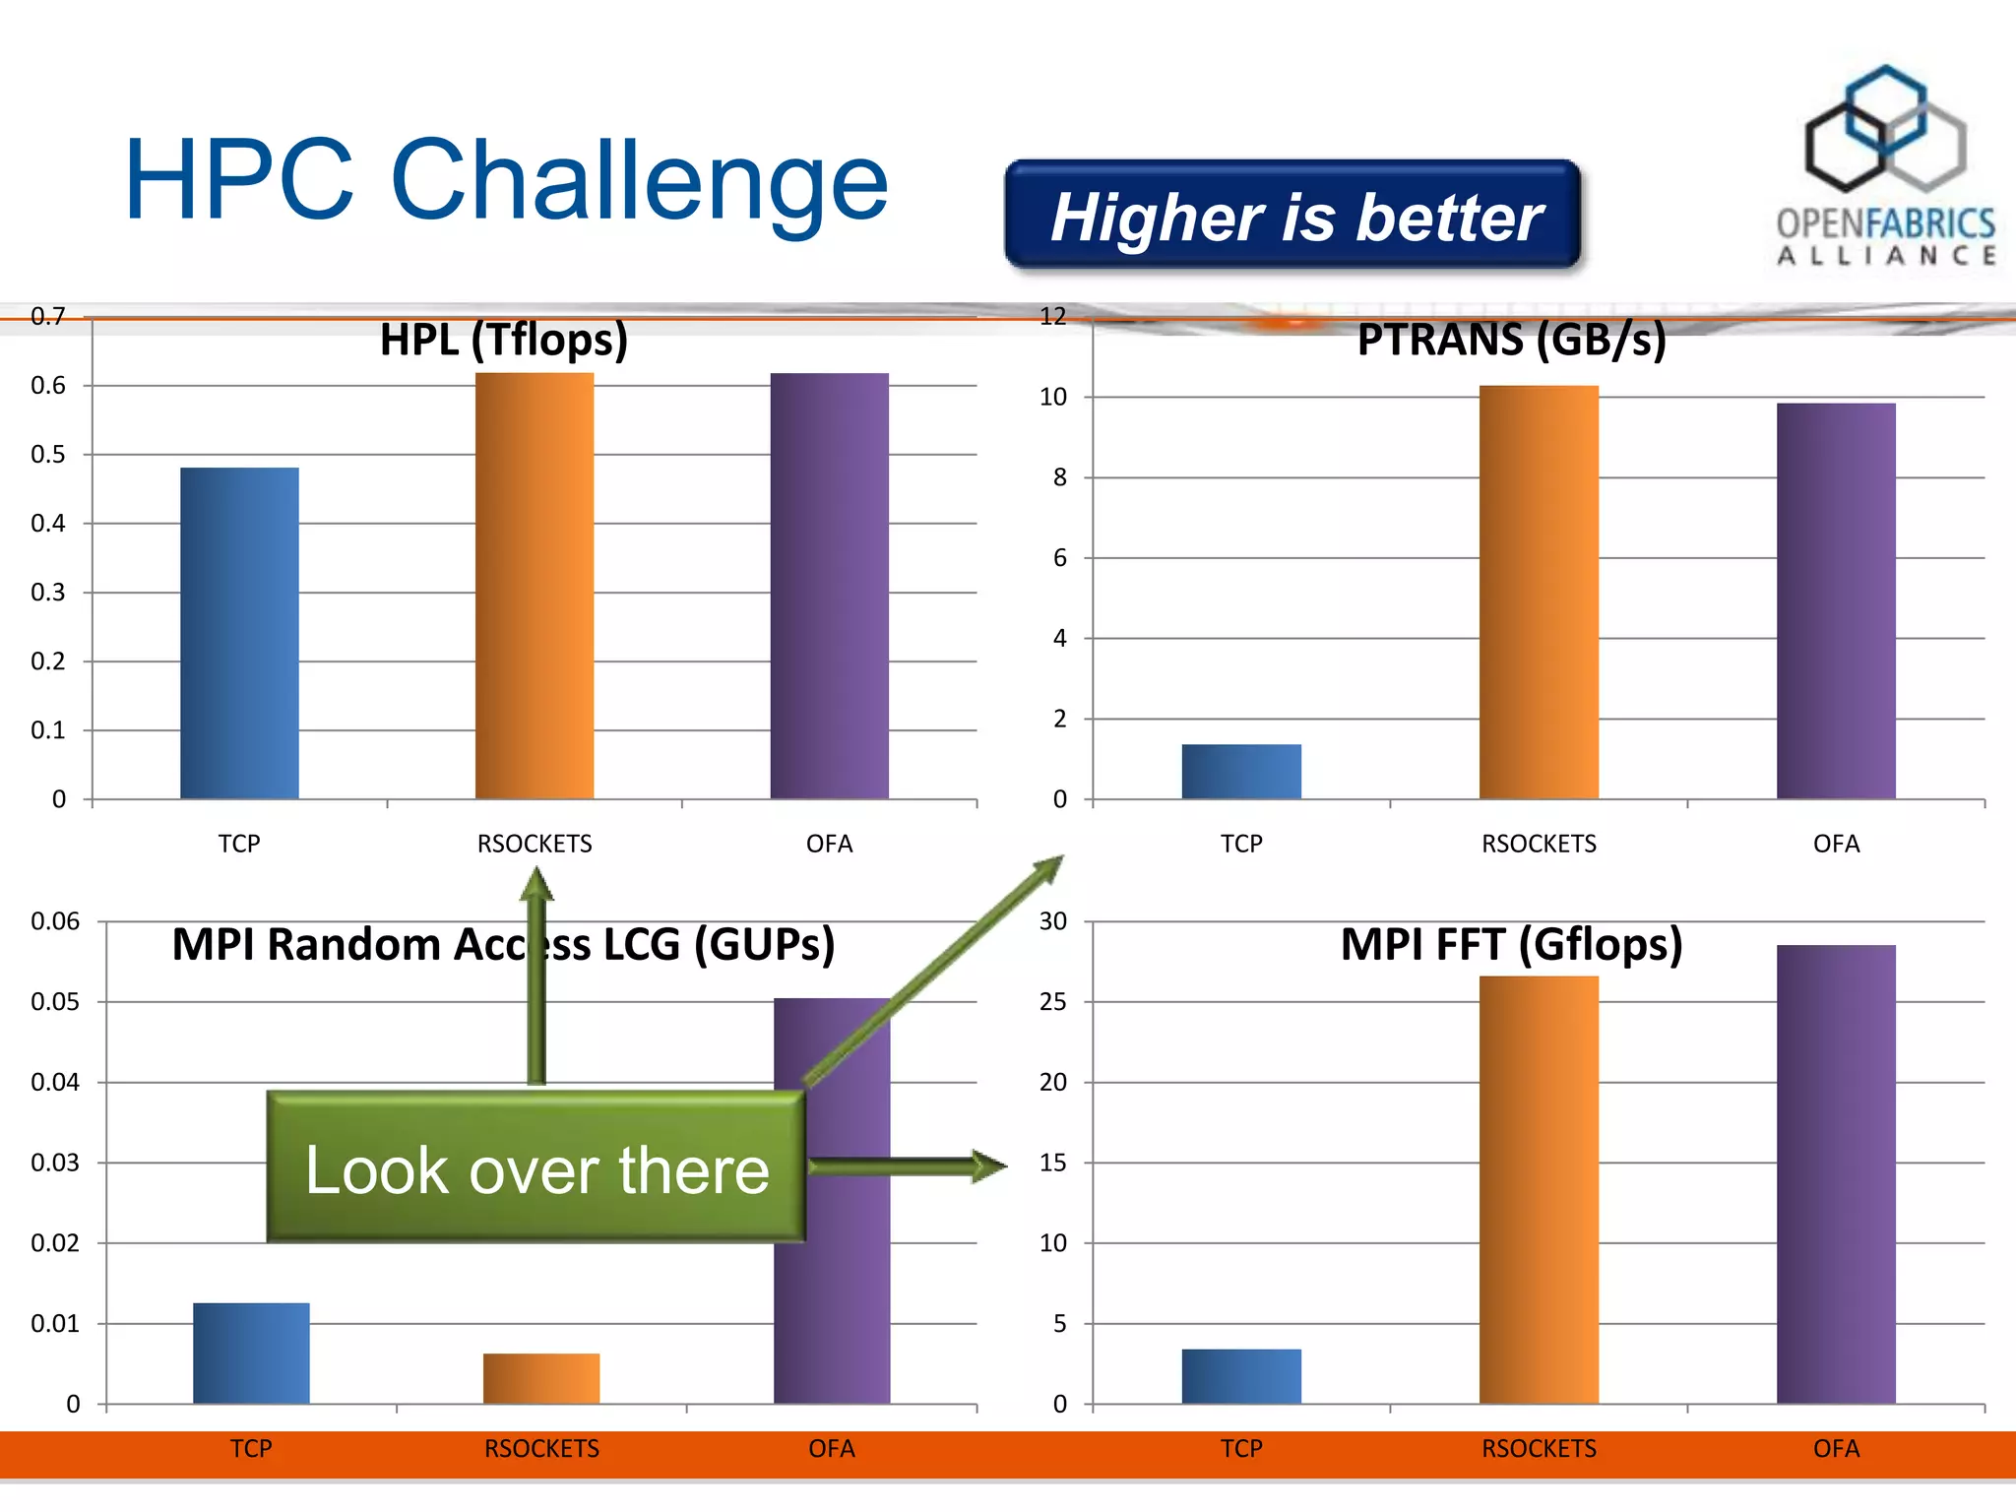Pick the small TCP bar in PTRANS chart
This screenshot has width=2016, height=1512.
pyautogui.click(x=1241, y=772)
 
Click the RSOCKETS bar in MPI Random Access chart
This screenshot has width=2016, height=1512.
pyautogui.click(x=541, y=1378)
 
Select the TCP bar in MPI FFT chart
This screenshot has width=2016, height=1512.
pyautogui.click(x=1241, y=1376)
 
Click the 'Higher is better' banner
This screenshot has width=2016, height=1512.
pyautogui.click(x=1292, y=216)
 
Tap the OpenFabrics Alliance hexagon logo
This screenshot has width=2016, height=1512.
pyautogui.click(x=1884, y=129)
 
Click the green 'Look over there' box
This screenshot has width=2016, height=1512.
pyautogui.click(x=536, y=1167)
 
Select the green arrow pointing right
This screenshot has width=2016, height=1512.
pyautogui.click(x=906, y=1166)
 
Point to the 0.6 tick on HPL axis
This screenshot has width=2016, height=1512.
pyautogui.click(x=47, y=386)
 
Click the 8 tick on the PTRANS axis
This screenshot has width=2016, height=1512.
pyautogui.click(x=1059, y=477)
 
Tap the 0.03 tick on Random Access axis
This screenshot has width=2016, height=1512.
pyautogui.click(x=54, y=1163)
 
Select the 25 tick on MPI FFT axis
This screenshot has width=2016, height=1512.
pyautogui.click(x=1052, y=1002)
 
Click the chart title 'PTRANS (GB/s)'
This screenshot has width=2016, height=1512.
pyautogui.click(x=1511, y=340)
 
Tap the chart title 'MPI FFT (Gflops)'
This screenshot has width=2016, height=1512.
pyautogui.click(x=1511, y=944)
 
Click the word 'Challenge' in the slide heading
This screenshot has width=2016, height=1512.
pyautogui.click(x=640, y=181)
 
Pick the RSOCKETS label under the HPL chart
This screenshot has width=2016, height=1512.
pyautogui.click(x=535, y=844)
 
